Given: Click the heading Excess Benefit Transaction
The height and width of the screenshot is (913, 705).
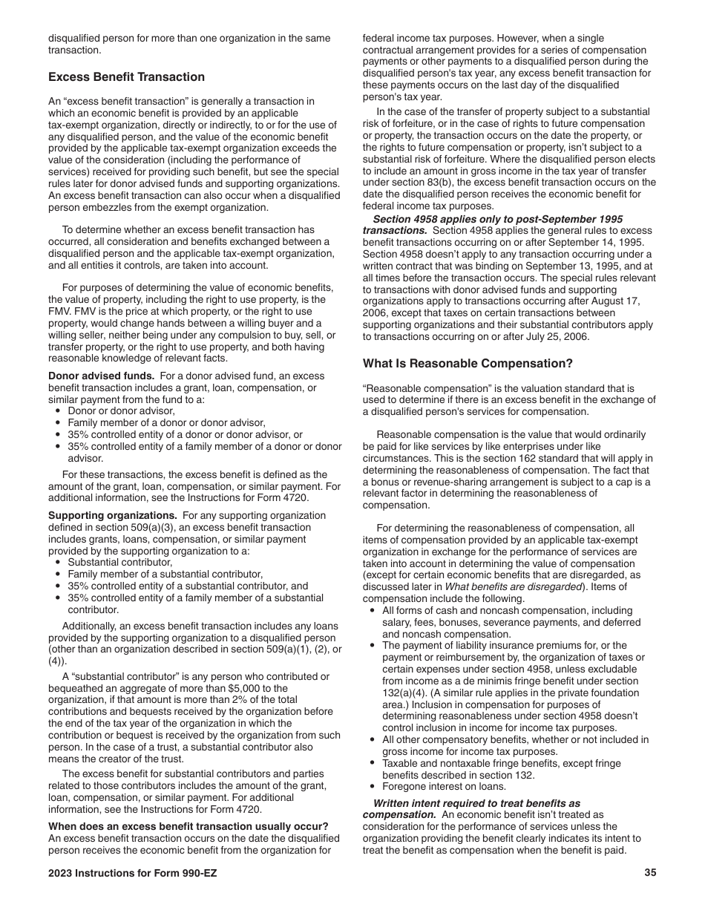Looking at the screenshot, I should click(x=126, y=77).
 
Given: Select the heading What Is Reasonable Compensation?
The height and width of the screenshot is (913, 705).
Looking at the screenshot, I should click(x=468, y=364).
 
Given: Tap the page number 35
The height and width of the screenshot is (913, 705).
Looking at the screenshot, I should click(x=650, y=873).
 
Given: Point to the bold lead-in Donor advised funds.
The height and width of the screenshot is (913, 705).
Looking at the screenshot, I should click(x=101, y=376).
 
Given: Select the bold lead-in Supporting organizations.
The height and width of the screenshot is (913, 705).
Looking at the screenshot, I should click(x=112, y=516).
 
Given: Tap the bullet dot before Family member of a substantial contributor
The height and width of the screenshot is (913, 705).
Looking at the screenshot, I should click(x=59, y=575).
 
